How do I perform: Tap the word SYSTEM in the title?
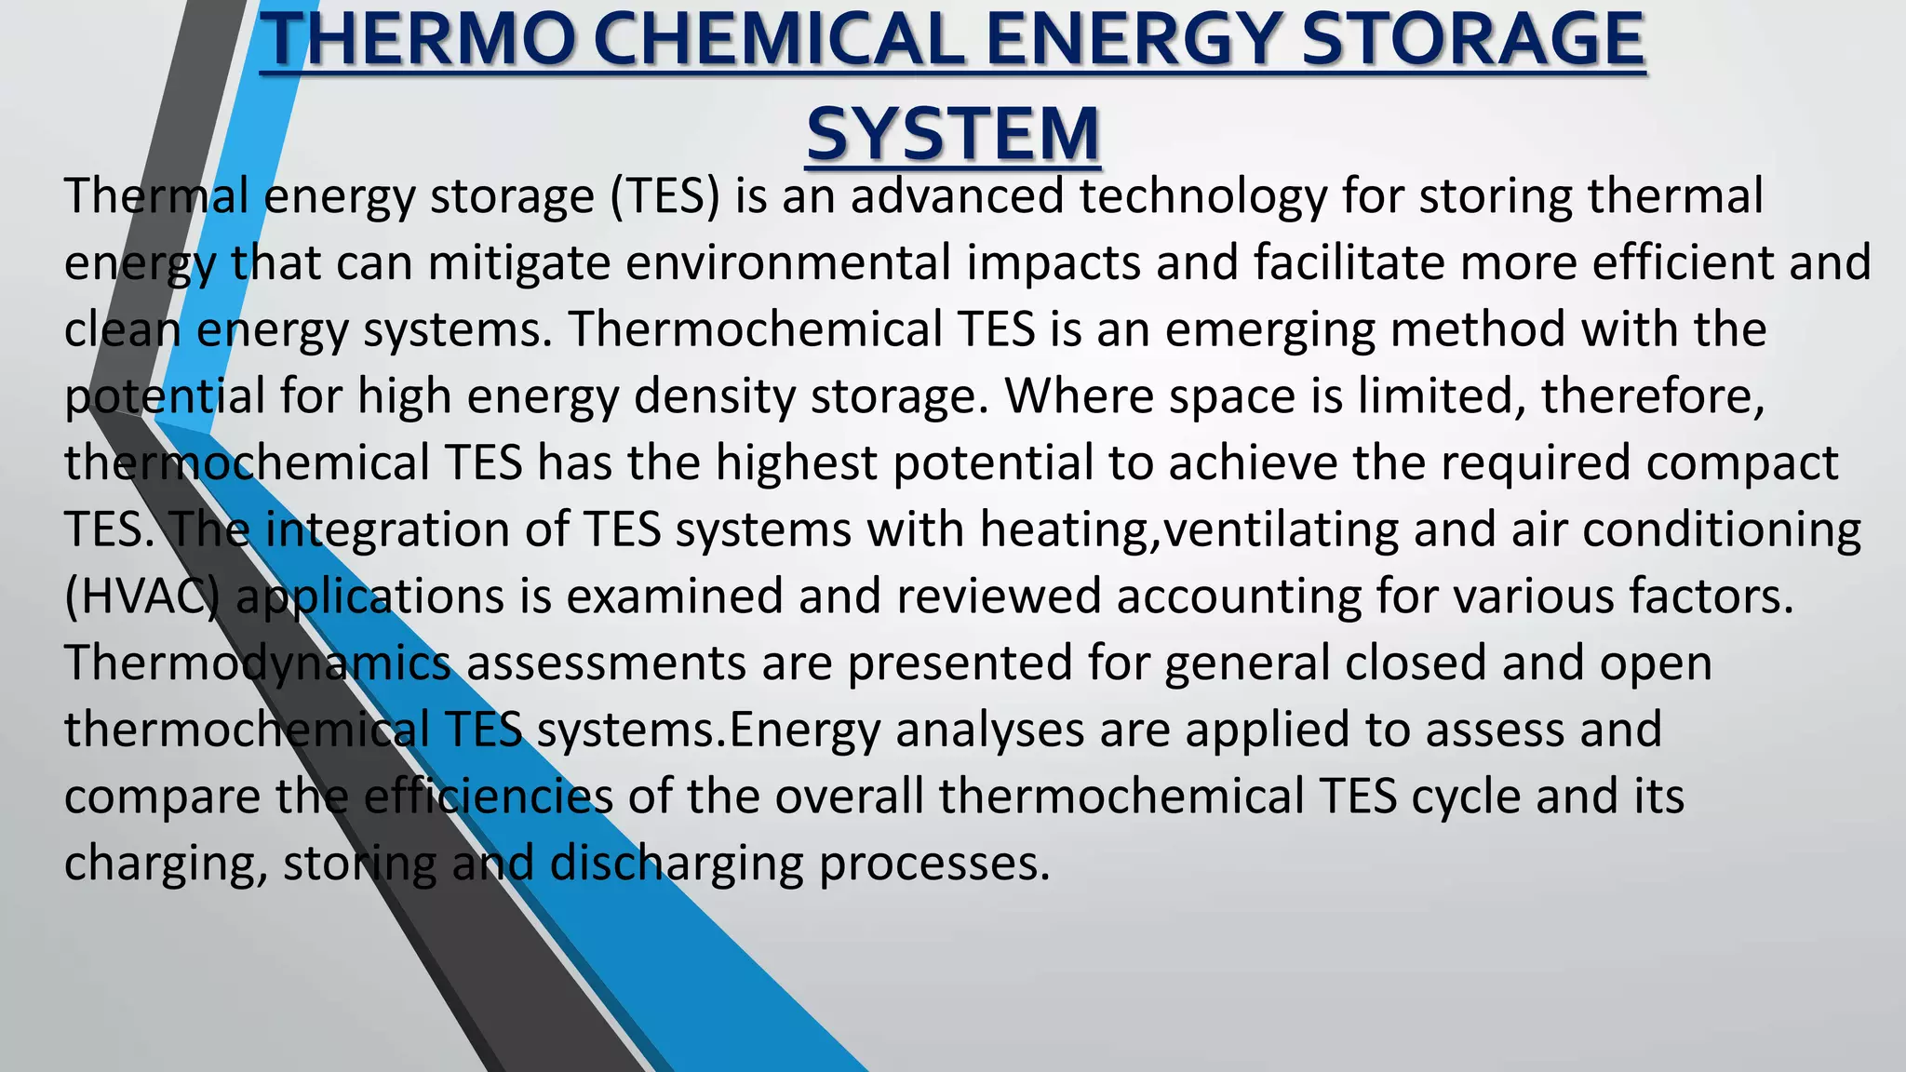tap(953, 134)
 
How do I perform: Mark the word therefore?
tap(1652, 396)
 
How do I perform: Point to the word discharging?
tap(677, 864)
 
